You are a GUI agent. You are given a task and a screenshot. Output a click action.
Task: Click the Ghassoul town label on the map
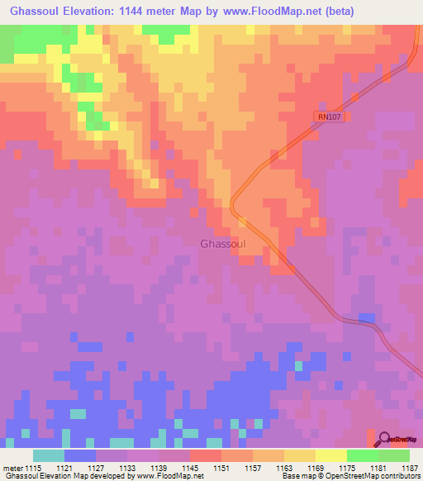coord(222,244)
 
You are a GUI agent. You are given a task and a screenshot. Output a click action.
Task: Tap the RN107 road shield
coord(329,117)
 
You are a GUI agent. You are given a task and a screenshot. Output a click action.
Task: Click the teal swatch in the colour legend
coord(48,455)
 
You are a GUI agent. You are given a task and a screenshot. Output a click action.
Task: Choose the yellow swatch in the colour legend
coord(330,455)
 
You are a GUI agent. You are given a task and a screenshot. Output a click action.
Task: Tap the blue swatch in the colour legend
coord(79,455)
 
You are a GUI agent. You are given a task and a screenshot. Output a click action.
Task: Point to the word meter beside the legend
coord(12,468)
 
